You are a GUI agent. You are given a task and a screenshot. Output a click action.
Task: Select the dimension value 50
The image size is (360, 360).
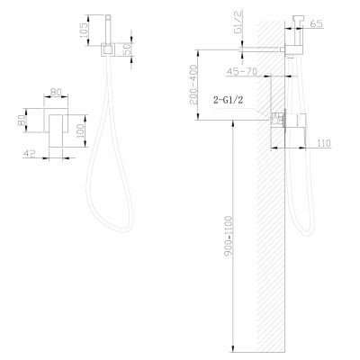point(129,48)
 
